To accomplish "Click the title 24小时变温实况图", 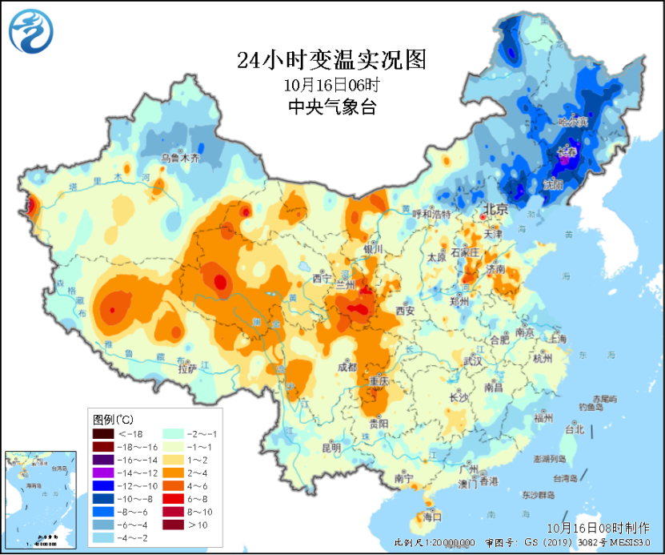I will click(x=332, y=60).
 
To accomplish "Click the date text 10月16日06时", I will click(x=331, y=84).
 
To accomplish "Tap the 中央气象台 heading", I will click(x=331, y=107).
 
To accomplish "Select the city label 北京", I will click(x=495, y=210).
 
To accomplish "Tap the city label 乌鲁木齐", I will click(x=180, y=159).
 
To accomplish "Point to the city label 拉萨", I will click(x=186, y=369).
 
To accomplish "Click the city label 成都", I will click(x=347, y=368).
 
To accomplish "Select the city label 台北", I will click(x=575, y=429).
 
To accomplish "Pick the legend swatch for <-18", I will click(x=103, y=433).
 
